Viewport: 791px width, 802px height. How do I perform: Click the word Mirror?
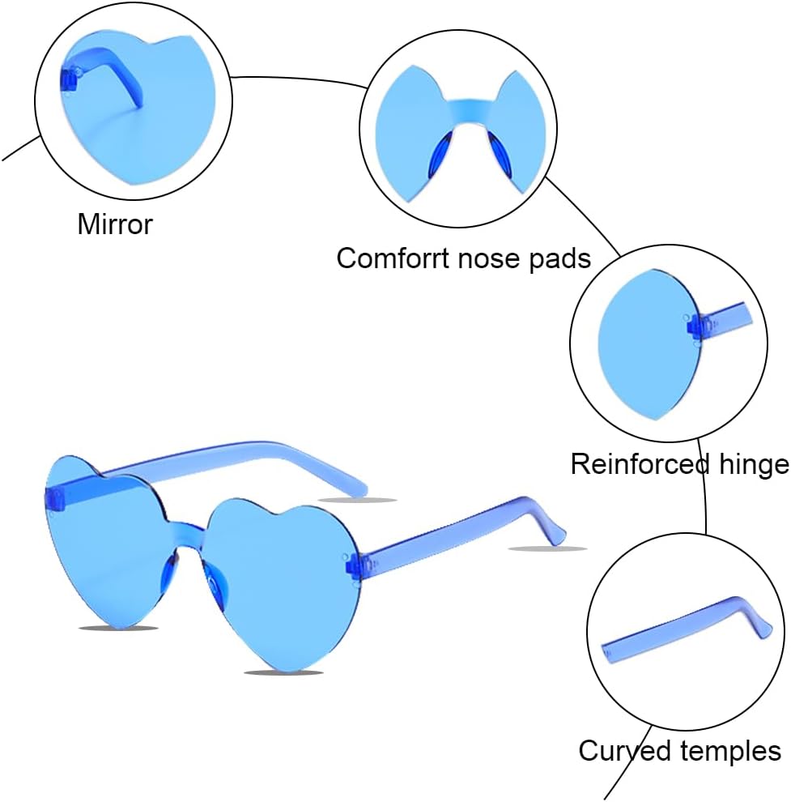click(114, 224)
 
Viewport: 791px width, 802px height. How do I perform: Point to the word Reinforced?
click(629, 464)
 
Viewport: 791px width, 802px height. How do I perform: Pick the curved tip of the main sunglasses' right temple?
click(555, 531)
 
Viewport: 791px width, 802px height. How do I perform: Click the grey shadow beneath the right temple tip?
click(547, 549)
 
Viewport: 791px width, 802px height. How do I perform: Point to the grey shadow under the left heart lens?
click(118, 628)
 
